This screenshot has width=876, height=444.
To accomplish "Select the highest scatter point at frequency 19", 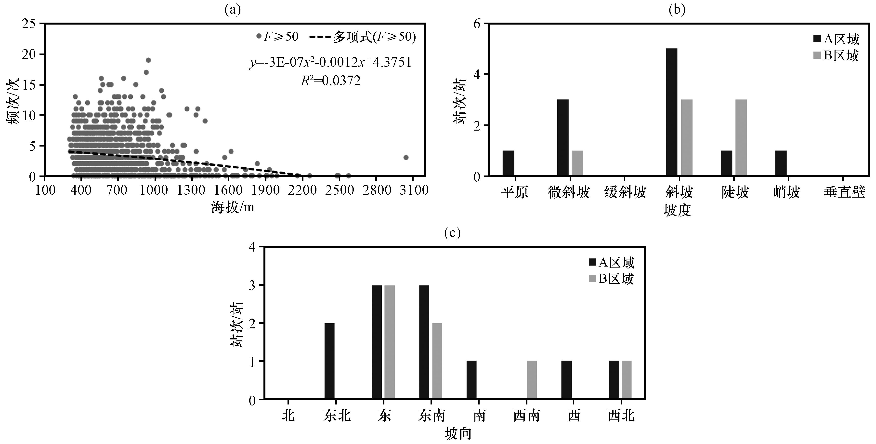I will [148, 60].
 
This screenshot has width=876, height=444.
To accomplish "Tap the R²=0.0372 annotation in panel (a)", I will [330, 81].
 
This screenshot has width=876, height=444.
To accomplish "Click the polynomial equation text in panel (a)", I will [330, 63].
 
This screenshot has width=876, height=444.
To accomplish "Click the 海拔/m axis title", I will [233, 207].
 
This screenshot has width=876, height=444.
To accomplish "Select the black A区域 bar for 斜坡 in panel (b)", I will [672, 112].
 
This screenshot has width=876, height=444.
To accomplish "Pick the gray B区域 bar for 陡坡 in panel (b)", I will [741, 138].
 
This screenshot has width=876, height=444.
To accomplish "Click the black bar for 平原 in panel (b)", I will [508, 163].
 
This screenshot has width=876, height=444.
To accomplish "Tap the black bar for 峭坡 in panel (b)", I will [781, 163].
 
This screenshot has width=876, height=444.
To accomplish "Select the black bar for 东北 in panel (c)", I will [329, 361].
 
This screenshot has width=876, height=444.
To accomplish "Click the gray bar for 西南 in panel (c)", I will [532, 380].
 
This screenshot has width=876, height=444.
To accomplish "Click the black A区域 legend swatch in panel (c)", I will [593, 262].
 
